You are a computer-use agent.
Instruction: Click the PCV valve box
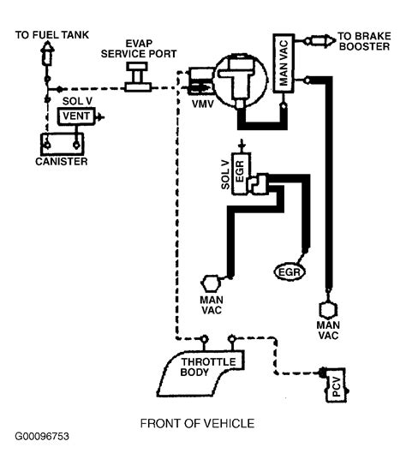coord(336,385)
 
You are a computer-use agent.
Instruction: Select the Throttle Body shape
coord(200,373)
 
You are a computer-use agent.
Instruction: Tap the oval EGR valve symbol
coord(290,271)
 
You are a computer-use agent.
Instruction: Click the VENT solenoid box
coord(76,116)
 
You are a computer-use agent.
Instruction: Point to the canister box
coord(62,144)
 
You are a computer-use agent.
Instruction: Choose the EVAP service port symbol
coord(138,76)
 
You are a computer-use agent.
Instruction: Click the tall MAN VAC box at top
coord(284,63)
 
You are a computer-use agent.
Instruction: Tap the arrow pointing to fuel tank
coord(47,53)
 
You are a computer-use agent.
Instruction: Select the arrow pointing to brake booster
coord(320,40)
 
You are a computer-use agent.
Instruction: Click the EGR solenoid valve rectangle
coord(241,174)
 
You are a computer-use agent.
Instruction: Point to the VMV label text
coord(203,104)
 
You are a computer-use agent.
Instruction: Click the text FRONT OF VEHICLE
coord(198,423)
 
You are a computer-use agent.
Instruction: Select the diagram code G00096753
coord(42,436)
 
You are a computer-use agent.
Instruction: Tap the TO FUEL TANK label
coord(52,35)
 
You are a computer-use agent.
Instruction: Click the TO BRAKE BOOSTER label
coord(365,41)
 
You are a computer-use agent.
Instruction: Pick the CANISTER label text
coord(62,162)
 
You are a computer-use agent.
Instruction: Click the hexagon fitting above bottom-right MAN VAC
coord(328,310)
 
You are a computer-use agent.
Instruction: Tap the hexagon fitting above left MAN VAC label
coord(211,283)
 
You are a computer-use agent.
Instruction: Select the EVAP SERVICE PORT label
coord(139,49)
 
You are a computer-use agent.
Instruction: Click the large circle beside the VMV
coord(242,80)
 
